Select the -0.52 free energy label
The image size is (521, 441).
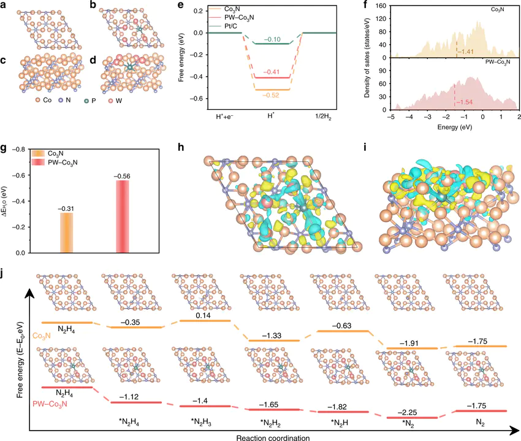(x=272, y=95)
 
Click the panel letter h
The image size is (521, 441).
(x=197, y=148)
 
